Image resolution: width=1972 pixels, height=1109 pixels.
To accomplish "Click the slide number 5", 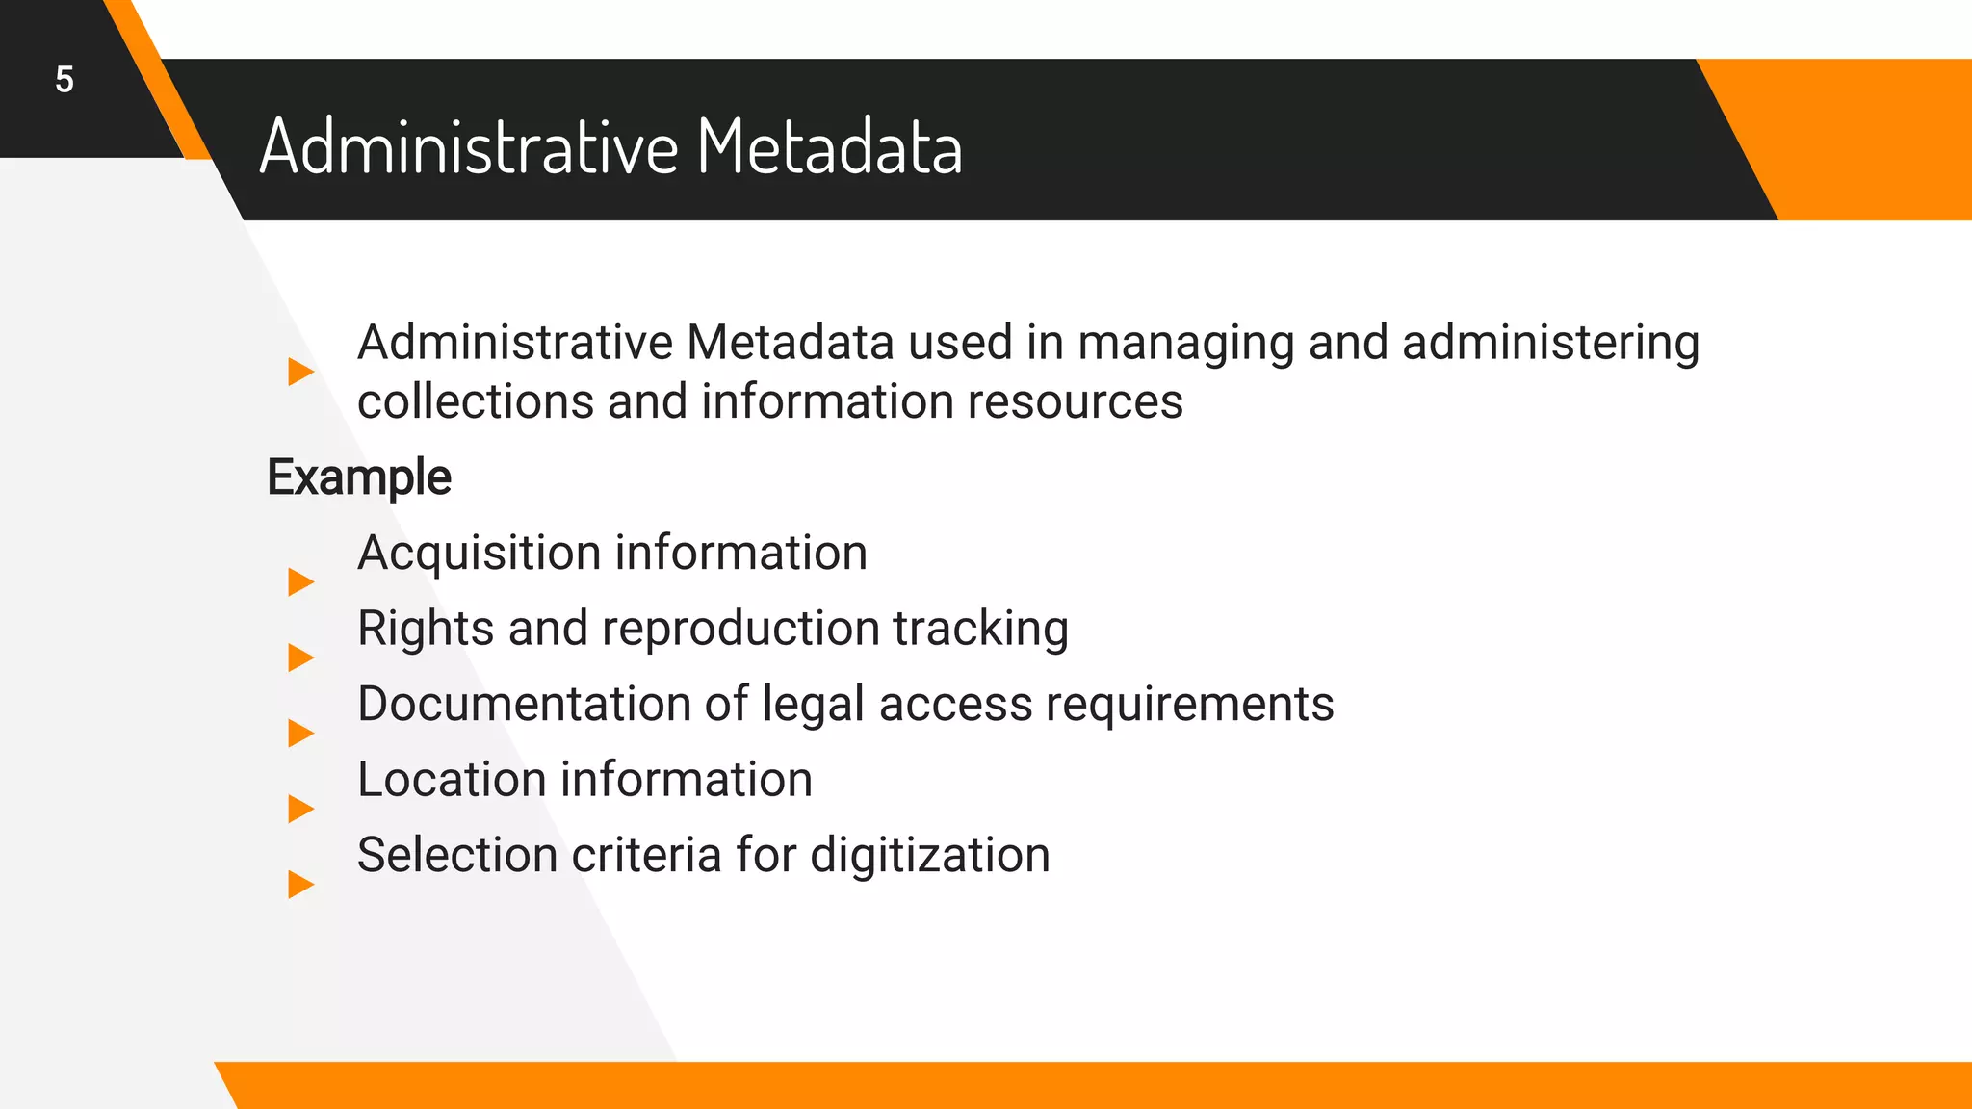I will coord(65,80).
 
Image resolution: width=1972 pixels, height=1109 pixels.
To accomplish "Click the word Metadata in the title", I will coord(829,147).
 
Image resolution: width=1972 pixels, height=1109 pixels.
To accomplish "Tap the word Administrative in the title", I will coord(469,147).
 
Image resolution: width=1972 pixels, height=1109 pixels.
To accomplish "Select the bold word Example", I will coord(359,477).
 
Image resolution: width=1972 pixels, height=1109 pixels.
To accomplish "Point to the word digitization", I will coord(929,855).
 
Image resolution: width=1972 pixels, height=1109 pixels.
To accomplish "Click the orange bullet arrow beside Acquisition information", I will coord(300,581).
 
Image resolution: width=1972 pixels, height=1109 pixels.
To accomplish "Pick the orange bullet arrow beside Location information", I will coord(300,809).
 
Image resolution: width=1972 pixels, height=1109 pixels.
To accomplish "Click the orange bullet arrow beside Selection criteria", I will coord(300,884).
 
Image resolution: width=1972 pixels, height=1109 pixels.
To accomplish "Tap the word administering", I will coord(1550,344).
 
